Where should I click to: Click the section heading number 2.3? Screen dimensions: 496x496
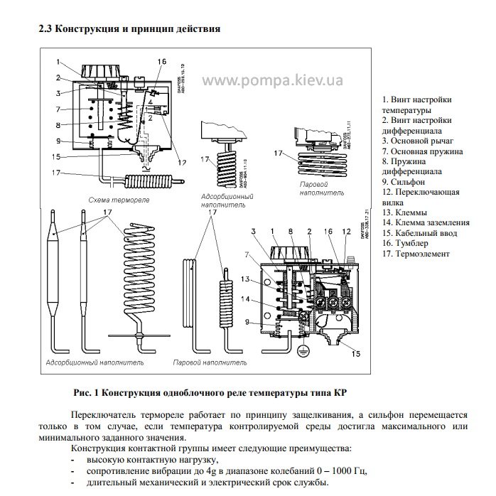[45, 29]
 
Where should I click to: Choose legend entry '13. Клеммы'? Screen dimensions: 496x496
[407, 212]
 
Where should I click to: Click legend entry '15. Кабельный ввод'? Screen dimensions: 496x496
[419, 232]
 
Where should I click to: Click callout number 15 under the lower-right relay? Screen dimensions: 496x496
[356, 353]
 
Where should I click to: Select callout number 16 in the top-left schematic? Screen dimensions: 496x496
[161, 62]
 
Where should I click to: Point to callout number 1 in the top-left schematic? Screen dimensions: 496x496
[61, 61]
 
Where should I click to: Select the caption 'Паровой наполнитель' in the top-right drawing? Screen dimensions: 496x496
[313, 187]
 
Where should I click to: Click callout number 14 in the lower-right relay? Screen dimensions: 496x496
[246, 299]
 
